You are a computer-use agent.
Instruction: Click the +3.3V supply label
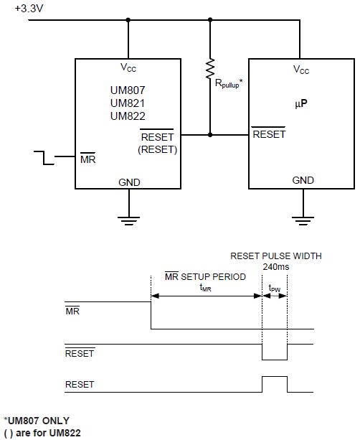click(29, 9)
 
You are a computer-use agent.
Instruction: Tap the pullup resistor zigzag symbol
click(210, 68)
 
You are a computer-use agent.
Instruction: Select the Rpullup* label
click(229, 84)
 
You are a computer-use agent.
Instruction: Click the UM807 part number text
click(128, 90)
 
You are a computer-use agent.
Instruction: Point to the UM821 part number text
click(128, 103)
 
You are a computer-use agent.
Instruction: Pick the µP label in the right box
click(301, 104)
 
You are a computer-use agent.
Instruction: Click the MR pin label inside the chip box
click(87, 159)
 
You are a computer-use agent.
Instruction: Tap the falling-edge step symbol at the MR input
click(44, 158)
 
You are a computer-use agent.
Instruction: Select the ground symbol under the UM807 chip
click(128, 221)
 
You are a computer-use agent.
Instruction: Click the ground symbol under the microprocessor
click(303, 221)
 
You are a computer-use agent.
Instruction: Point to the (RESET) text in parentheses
click(157, 149)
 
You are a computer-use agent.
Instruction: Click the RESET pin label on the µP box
click(269, 134)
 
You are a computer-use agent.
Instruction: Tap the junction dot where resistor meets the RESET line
click(210, 135)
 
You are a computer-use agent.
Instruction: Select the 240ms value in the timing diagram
click(276, 266)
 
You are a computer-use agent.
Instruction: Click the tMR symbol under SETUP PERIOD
click(205, 288)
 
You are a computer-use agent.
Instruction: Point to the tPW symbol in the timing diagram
click(275, 288)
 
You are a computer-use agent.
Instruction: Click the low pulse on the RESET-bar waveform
click(275, 360)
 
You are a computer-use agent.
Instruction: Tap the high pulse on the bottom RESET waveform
click(275, 377)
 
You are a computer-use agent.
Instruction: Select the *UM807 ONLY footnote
click(37, 421)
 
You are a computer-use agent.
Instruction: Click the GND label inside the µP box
click(303, 180)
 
